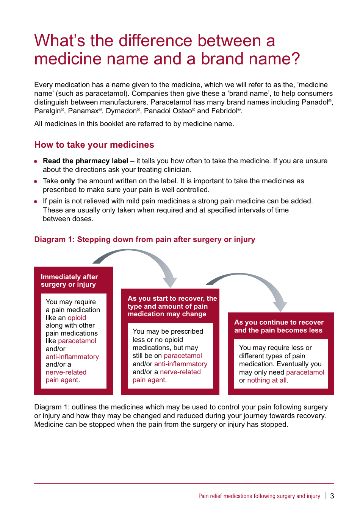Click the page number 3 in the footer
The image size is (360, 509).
point(332,496)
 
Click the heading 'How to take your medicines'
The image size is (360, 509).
point(94,145)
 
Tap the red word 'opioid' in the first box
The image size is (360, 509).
point(77,318)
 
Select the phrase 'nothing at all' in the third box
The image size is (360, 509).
point(267,380)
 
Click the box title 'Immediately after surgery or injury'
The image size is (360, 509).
point(69,281)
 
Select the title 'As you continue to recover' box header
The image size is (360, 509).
point(279,326)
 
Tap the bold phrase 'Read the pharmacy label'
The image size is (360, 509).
point(85,161)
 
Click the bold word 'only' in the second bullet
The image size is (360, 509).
point(67,181)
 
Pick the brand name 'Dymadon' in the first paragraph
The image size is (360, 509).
point(121,111)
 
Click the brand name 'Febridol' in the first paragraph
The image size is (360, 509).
point(224,111)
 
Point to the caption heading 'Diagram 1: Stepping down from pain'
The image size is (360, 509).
point(144,239)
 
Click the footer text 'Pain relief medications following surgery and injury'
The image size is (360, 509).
point(259,496)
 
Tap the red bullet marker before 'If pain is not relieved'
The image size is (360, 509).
point(36,201)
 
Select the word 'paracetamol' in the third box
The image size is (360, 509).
point(305,372)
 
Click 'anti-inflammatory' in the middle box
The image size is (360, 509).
point(181,364)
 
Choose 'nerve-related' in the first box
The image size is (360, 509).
point(66,372)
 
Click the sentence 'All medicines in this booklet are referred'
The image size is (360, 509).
point(134,124)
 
